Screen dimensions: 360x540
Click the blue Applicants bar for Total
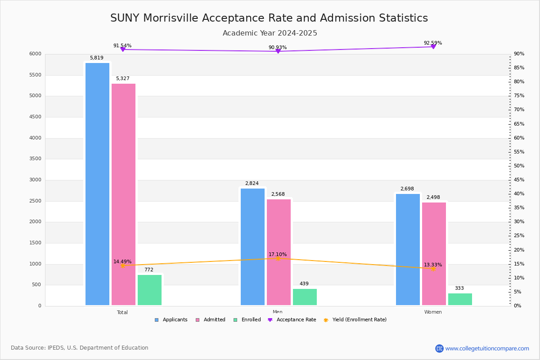coord(97,184)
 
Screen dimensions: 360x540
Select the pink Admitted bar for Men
coord(279,252)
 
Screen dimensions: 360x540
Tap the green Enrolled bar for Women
coord(460,299)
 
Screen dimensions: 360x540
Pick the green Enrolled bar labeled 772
coord(149,290)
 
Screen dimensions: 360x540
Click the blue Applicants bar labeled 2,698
coord(408,250)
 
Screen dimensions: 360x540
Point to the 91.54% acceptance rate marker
coord(123,49)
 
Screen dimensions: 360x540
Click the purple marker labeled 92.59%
coord(433,47)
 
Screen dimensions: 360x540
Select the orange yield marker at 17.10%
coord(278,258)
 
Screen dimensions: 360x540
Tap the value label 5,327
coord(122,79)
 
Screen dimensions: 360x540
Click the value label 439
coord(304,284)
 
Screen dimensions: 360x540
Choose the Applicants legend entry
coord(171,320)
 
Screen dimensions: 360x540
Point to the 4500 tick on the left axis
coord(35,117)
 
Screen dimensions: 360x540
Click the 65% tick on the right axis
coord(519,124)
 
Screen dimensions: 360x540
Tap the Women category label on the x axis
coord(433,312)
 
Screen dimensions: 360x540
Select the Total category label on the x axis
coord(122,312)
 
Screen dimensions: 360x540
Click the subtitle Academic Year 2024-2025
coord(270,33)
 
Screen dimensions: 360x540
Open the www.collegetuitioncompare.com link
coord(487,348)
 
